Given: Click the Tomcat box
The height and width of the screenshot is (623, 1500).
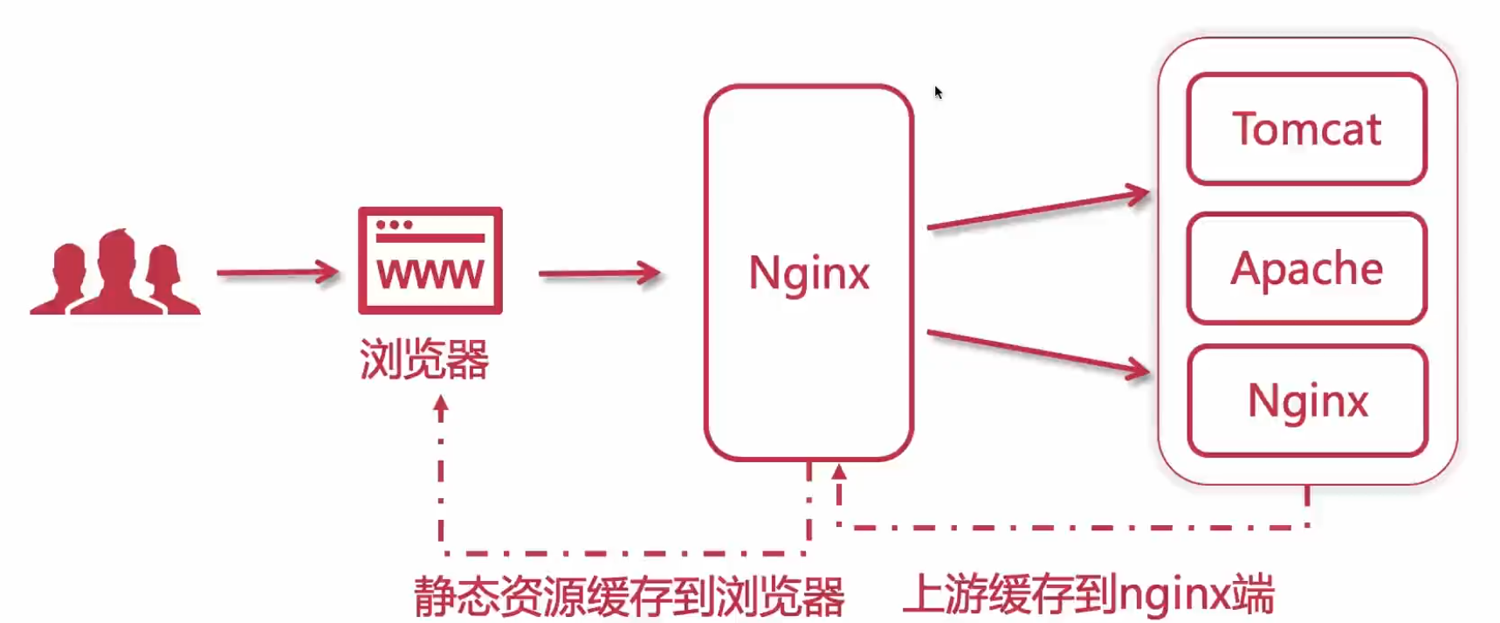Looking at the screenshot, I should [1306, 129].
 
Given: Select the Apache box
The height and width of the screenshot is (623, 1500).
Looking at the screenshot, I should [1306, 268].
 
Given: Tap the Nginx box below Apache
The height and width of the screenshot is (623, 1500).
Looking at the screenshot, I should [1307, 401].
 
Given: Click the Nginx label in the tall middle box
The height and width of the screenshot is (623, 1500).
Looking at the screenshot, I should [808, 273].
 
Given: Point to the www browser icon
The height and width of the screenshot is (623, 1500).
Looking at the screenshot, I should [430, 260].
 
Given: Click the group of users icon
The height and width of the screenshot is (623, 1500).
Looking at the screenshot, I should [115, 273].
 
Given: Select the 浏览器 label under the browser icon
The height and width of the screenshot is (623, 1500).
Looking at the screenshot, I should [424, 359].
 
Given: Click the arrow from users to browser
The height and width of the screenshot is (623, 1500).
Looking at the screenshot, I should [278, 273].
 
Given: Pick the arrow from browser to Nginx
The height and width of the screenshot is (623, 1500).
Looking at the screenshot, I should [600, 273].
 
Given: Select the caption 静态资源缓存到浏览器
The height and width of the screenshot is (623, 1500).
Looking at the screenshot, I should [629, 597].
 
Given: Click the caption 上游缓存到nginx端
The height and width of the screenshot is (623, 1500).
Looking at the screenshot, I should [1088, 595].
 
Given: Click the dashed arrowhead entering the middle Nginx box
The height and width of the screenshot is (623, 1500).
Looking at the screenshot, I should [839, 473].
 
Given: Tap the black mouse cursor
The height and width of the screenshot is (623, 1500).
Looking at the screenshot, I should [938, 92].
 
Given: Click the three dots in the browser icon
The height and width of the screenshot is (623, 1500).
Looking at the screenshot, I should [394, 225].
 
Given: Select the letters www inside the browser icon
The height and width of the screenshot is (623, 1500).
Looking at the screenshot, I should [430, 274].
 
